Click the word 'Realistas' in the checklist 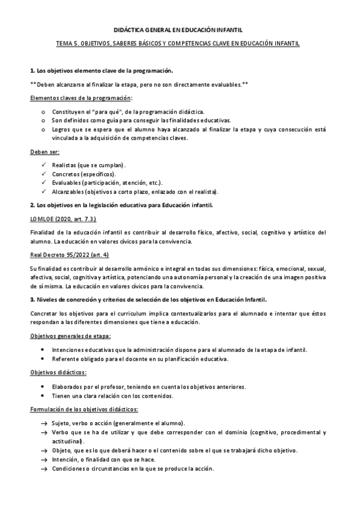64,164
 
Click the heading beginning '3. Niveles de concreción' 148,298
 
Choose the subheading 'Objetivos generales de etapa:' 70,335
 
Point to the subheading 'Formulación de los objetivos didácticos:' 84,410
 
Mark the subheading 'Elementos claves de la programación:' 82,98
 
